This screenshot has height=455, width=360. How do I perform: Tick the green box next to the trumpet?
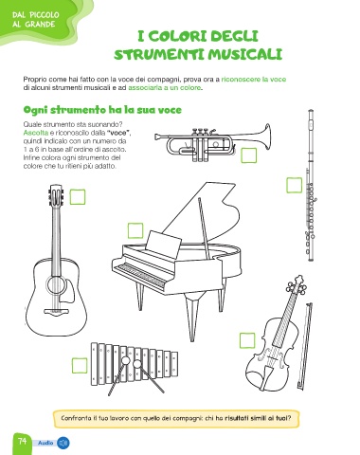(x=249, y=155)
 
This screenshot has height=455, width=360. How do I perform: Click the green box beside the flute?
(x=294, y=185)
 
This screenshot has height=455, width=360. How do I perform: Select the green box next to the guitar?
(x=78, y=197)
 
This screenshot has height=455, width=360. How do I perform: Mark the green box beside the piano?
(x=135, y=230)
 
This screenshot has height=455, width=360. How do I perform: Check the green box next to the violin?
(x=247, y=340)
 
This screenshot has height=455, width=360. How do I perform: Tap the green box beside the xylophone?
(x=80, y=366)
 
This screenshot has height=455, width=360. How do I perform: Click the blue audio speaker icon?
(x=63, y=443)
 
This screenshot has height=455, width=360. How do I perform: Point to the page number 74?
(x=23, y=441)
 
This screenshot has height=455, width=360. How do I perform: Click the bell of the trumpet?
(x=265, y=136)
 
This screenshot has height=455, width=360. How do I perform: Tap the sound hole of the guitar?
(x=56, y=284)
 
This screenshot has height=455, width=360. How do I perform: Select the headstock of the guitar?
(x=56, y=195)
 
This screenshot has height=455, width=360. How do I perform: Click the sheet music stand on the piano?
(x=164, y=243)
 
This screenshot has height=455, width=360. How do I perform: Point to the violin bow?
(x=304, y=345)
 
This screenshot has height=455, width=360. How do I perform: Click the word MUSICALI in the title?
(x=241, y=54)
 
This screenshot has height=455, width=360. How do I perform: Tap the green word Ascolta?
(x=36, y=133)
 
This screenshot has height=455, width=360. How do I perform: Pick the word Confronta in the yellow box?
(x=76, y=418)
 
